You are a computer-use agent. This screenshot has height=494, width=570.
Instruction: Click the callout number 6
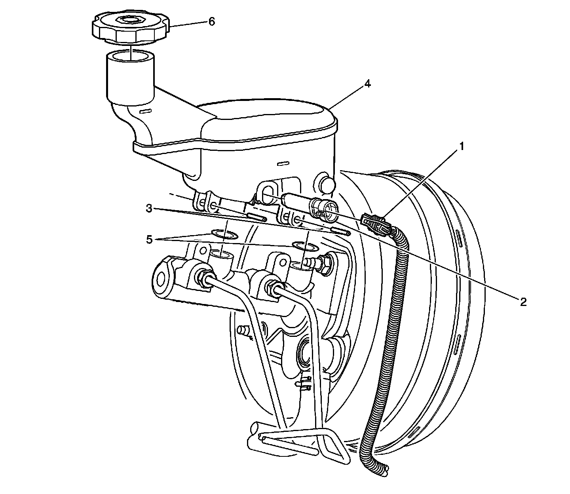click(212, 22)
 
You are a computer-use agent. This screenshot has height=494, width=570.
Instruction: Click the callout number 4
click(368, 84)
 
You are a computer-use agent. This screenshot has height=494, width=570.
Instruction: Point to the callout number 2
click(523, 302)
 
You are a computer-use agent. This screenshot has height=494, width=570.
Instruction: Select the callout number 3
click(148, 209)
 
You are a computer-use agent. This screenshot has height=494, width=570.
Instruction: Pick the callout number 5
click(149, 240)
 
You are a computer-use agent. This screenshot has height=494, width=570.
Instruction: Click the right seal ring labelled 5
click(305, 247)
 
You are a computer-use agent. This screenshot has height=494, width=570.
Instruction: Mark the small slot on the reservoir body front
click(283, 163)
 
